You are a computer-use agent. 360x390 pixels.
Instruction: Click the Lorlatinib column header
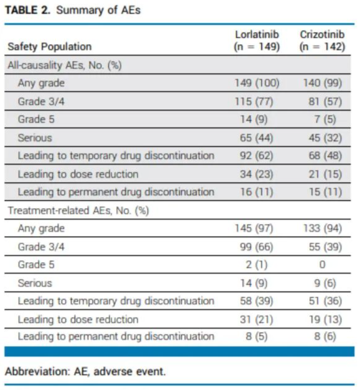tap(257, 40)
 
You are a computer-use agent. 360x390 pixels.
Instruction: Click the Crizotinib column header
tap(322, 40)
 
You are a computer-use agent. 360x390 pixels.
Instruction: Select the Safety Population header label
tap(50, 47)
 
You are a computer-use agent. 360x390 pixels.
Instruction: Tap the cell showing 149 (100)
tap(257, 83)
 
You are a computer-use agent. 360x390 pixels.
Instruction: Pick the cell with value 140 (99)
tap(323, 83)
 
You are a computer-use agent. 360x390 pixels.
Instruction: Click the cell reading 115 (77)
tap(254, 101)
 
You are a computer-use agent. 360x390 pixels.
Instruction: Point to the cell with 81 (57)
tap(325, 101)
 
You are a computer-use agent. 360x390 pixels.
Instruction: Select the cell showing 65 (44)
tap(256, 138)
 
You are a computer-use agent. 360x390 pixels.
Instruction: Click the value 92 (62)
tap(256, 156)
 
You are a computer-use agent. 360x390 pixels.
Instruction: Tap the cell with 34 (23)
tap(256, 174)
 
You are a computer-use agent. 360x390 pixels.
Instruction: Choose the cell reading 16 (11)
tap(256, 192)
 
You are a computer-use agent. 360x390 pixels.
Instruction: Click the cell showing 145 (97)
tap(254, 229)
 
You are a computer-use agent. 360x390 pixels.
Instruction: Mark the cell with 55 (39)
tap(325, 247)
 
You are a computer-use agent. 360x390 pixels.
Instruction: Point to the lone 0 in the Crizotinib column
tap(322, 265)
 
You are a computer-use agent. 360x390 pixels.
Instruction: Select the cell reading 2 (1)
tap(256, 265)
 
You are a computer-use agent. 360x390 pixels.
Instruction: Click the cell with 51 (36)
tap(325, 301)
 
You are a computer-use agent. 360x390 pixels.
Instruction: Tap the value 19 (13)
tap(325, 319)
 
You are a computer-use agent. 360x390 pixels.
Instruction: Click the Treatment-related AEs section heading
tap(78, 211)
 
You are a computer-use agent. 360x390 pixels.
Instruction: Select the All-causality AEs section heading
tap(65, 65)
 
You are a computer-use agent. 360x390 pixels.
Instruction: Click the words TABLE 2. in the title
tap(28, 10)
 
